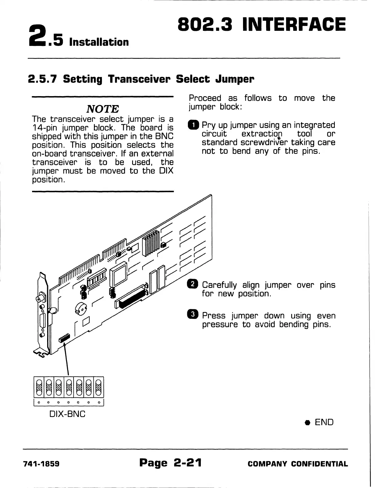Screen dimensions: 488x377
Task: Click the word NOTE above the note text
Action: point(103,109)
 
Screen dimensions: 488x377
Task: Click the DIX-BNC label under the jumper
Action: point(67,414)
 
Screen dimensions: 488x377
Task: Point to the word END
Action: point(324,422)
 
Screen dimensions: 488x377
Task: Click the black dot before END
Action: point(307,423)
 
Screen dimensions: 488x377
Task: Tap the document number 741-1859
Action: point(41,464)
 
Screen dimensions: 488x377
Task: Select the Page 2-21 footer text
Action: point(170,463)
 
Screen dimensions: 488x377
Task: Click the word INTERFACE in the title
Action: point(294,25)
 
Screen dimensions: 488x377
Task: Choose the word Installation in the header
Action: point(99,42)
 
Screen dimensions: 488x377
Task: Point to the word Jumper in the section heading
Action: point(235,79)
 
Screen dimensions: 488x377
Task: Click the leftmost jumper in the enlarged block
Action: point(39,387)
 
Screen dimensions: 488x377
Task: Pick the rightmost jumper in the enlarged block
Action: point(98,387)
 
